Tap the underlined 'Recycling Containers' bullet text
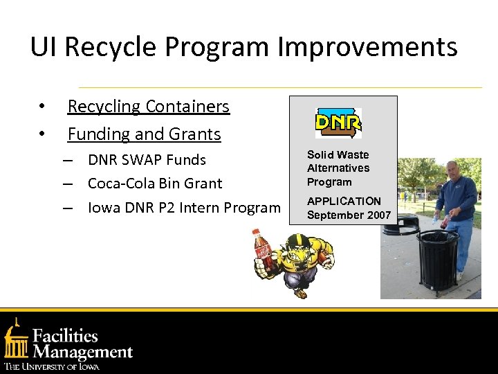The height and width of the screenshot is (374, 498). click(148, 107)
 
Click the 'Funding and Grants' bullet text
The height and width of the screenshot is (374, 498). click(144, 134)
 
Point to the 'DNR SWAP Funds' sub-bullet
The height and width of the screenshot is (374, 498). click(147, 160)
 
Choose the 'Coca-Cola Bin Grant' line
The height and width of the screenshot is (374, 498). click(155, 184)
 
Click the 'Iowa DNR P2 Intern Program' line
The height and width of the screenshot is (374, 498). click(184, 207)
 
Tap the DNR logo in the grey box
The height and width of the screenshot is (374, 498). click(338, 123)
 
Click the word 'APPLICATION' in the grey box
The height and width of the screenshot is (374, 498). click(344, 201)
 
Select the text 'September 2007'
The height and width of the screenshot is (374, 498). click(349, 215)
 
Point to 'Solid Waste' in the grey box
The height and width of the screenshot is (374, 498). click(338, 154)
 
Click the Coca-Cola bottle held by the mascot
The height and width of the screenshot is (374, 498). click(262, 252)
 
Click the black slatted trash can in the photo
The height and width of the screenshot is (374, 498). click(437, 260)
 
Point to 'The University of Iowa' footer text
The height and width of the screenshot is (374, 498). click(52, 366)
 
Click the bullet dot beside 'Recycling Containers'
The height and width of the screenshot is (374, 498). click(42, 107)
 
